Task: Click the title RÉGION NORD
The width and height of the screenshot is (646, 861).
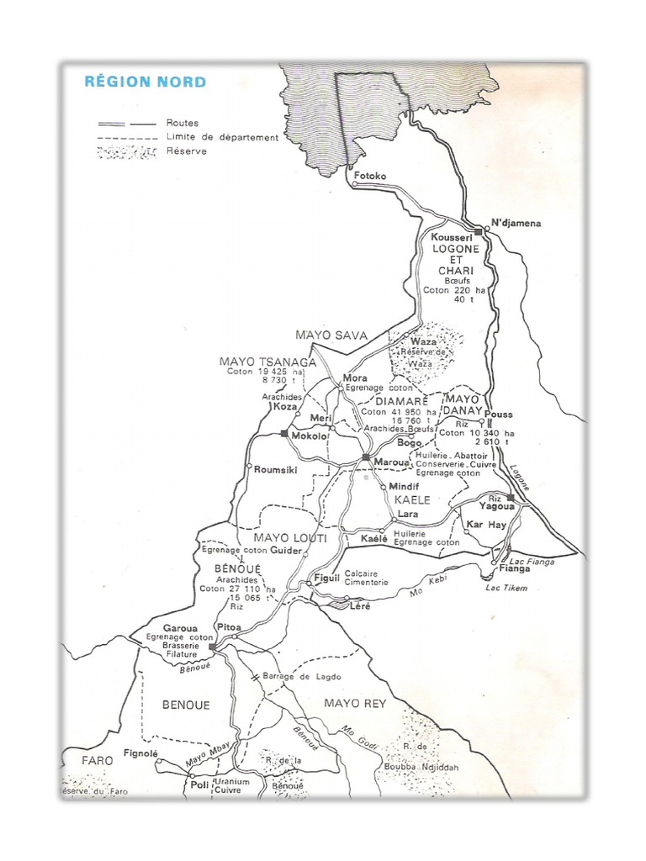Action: click(x=145, y=82)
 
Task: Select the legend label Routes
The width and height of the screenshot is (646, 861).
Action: click(x=183, y=123)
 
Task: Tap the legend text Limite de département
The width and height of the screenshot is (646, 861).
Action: click(x=222, y=137)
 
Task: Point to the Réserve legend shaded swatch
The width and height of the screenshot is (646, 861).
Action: click(x=126, y=152)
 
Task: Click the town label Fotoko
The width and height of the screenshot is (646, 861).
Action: click(x=370, y=176)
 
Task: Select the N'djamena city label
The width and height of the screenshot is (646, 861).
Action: click(x=516, y=223)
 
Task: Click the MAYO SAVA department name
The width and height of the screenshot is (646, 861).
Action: click(x=331, y=335)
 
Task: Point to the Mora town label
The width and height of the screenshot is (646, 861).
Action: click(x=355, y=378)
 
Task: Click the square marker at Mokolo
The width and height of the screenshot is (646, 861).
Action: click(x=284, y=434)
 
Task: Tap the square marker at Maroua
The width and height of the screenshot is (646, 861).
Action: click(x=366, y=457)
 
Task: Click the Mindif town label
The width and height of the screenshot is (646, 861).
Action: click(x=404, y=487)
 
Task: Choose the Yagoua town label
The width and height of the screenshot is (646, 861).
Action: click(x=496, y=508)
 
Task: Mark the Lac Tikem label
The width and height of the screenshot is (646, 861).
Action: click(x=506, y=588)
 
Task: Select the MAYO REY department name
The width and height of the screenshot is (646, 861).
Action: click(x=355, y=704)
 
